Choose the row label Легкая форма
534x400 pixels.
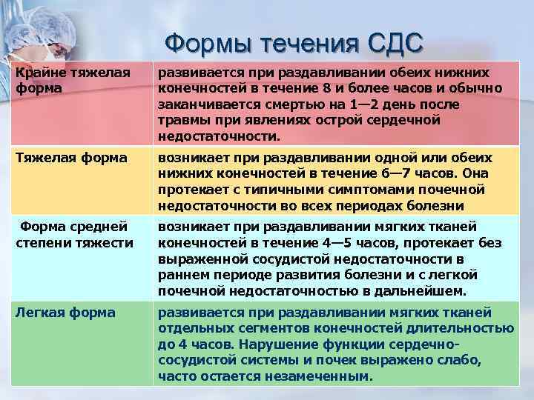click(65, 313)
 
